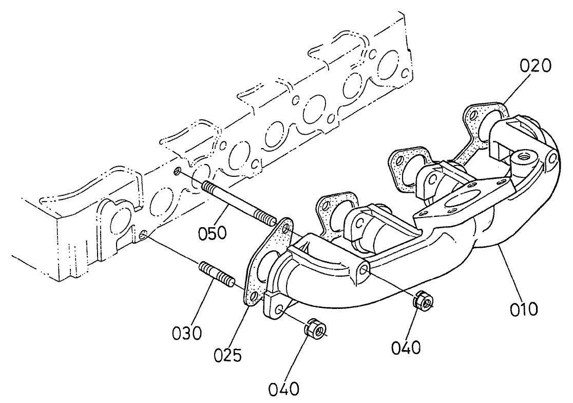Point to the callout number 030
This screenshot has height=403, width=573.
pyautogui.click(x=187, y=333)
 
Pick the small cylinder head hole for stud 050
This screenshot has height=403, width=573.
pyautogui.click(x=178, y=171)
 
